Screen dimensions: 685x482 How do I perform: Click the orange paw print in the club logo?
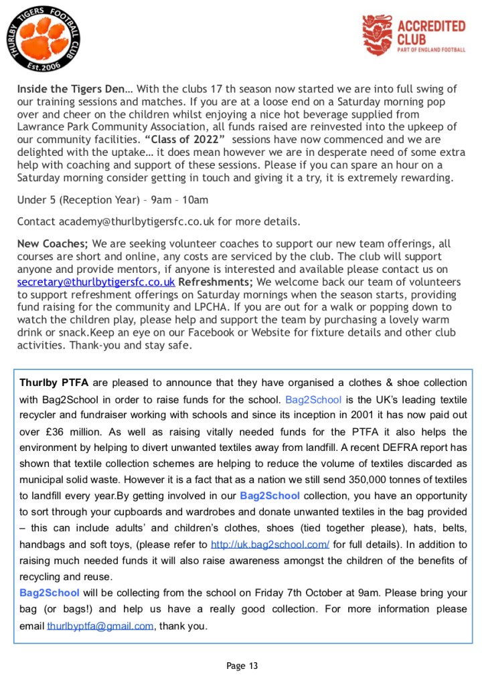click(42, 41)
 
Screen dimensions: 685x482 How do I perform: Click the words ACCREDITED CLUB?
click(431, 32)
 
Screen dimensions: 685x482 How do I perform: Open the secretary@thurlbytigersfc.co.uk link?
click(96, 282)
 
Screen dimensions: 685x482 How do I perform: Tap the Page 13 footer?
click(241, 666)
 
